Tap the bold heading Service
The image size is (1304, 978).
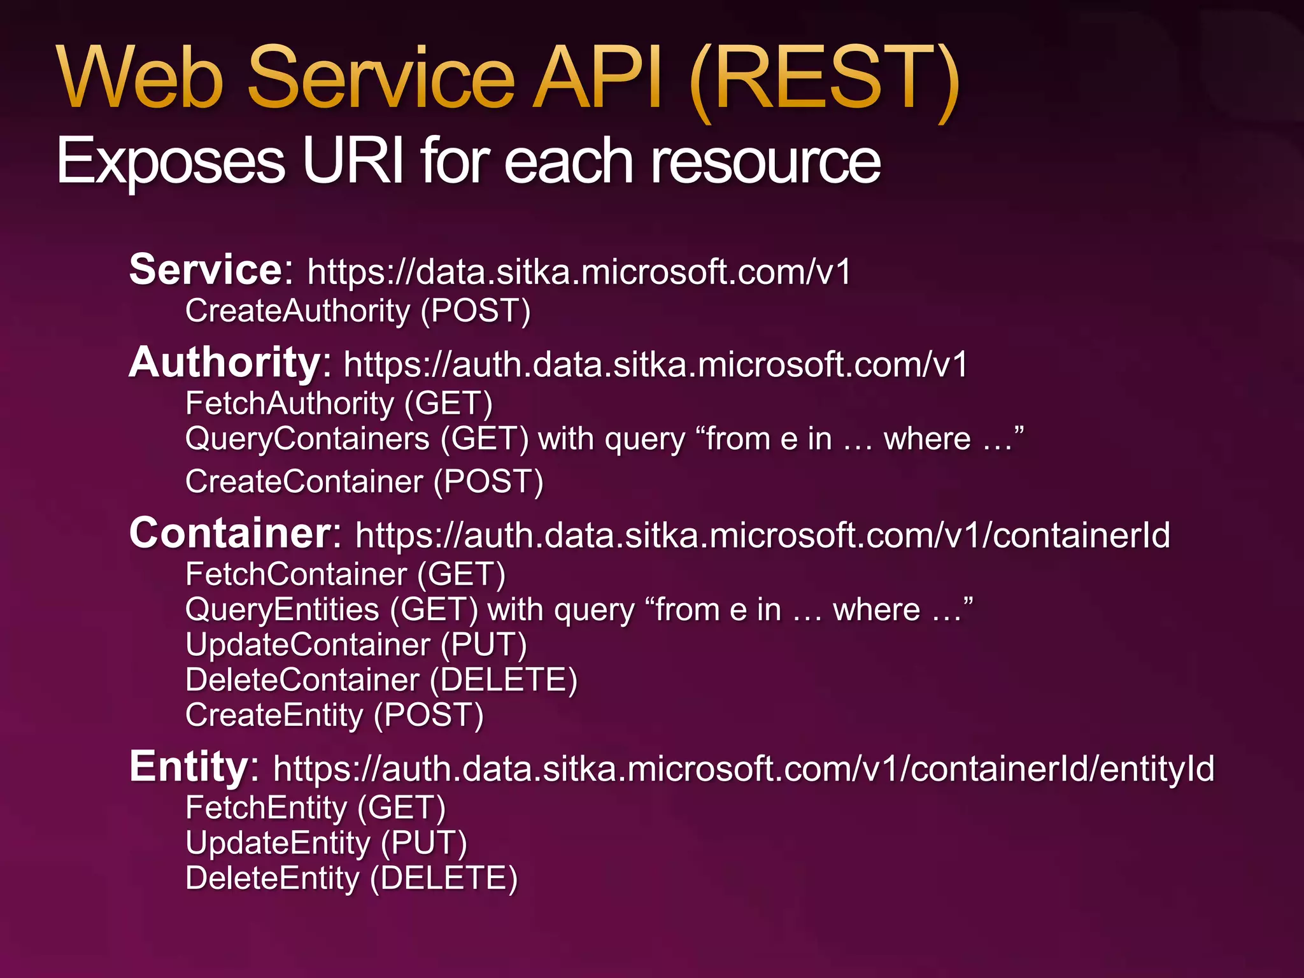pyautogui.click(x=206, y=270)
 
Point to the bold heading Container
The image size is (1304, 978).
pyautogui.click(x=230, y=533)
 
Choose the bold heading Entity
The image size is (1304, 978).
pyautogui.click(x=188, y=767)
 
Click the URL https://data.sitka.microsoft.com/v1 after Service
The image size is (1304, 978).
pyautogui.click(x=579, y=273)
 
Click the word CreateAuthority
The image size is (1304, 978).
pyautogui.click(x=297, y=311)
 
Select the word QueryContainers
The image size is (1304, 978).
pyautogui.click(x=308, y=439)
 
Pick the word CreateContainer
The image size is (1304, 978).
pyautogui.click(x=304, y=481)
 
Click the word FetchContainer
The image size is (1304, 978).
pyautogui.click(x=296, y=574)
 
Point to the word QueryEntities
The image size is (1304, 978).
pyautogui.click(x=282, y=610)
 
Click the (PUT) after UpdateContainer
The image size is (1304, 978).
pyautogui.click(x=484, y=645)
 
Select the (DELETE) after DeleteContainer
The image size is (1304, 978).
pyautogui.click(x=503, y=680)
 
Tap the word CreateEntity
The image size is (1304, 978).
pyautogui.click(x=274, y=715)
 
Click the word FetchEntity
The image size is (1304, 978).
pyautogui.click(x=266, y=808)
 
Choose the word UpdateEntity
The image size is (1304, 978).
pyautogui.click(x=278, y=843)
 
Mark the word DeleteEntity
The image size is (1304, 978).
pyautogui.click(x=273, y=879)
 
